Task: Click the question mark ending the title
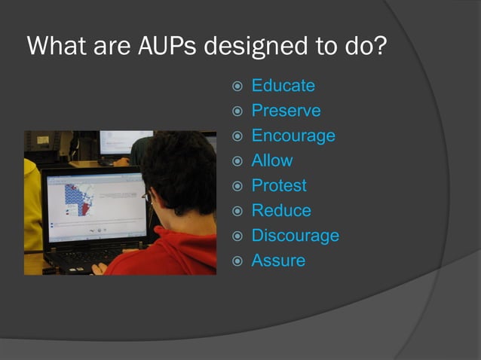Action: pyautogui.click(x=379, y=47)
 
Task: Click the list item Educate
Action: pyautogui.click(x=283, y=86)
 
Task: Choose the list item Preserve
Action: pyautogui.click(x=286, y=111)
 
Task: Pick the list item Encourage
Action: pyautogui.click(x=293, y=136)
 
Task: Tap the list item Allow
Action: pyautogui.click(x=272, y=160)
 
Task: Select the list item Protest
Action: pyautogui.click(x=279, y=185)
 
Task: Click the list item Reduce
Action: pyautogui.click(x=281, y=210)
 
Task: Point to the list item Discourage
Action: pyautogui.click(x=295, y=236)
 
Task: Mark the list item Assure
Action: pyautogui.click(x=278, y=261)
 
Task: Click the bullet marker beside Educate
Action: pyautogui.click(x=237, y=87)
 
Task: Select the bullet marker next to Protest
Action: pyautogui.click(x=237, y=186)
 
